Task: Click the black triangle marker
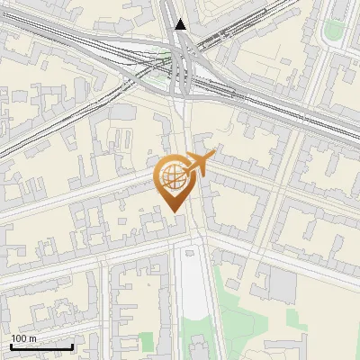pos(182,24)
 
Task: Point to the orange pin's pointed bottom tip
pos(175,211)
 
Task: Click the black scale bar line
pos(41,346)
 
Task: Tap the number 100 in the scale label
pos(19,338)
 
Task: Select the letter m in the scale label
pos(32,338)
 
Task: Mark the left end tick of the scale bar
pos(11,345)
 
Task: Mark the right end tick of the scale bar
pos(72,345)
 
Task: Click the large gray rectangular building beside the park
pos(283,286)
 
